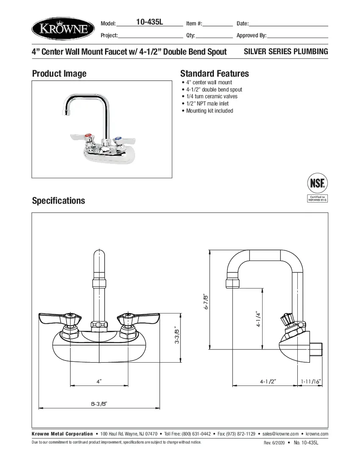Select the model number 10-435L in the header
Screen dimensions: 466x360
[x=150, y=22]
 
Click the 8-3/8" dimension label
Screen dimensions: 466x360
[x=99, y=403]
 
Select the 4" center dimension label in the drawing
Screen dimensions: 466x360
[x=99, y=381]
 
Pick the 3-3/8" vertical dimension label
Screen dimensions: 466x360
[x=177, y=335]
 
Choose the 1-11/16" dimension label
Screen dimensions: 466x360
[x=311, y=381]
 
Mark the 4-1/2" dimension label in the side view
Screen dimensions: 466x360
[x=268, y=381]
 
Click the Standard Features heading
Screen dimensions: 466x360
[x=214, y=74]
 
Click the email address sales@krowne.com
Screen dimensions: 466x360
[x=280, y=434]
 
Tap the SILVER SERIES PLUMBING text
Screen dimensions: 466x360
[x=286, y=52]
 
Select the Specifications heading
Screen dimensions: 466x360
[x=58, y=201]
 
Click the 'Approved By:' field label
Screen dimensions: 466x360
[x=251, y=36]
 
